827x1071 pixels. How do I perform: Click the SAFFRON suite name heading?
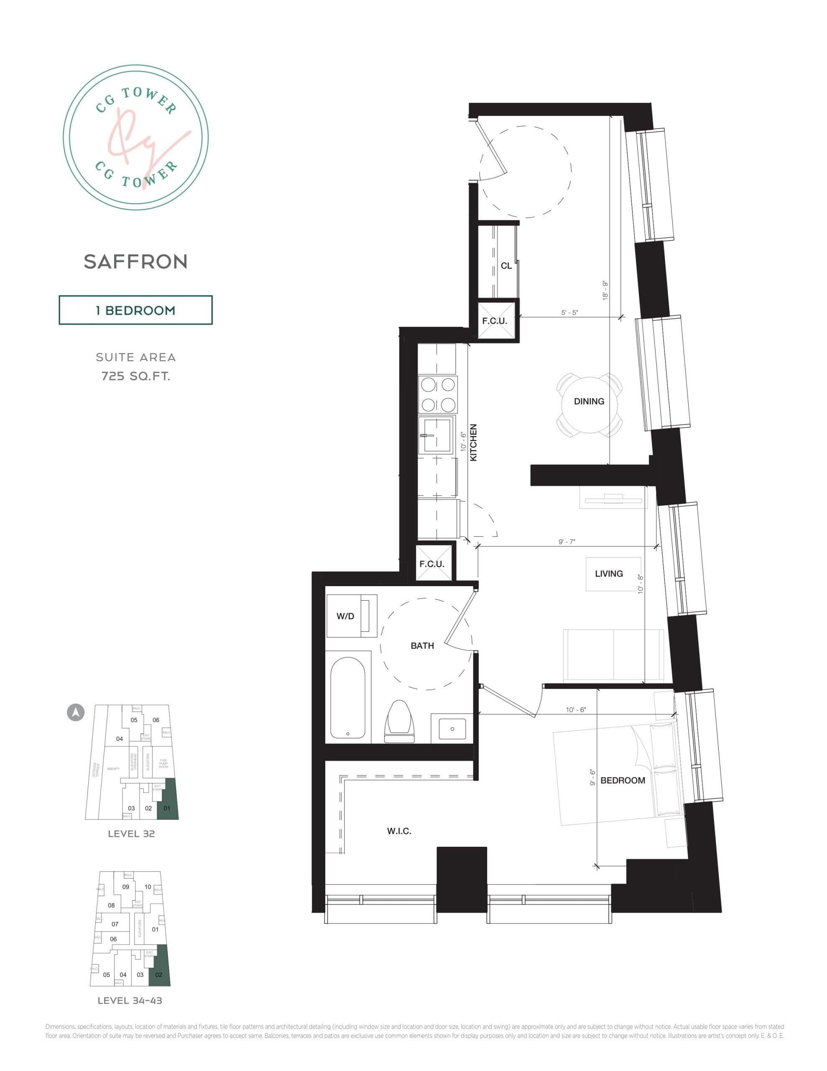135,262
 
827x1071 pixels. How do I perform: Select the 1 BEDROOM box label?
135,310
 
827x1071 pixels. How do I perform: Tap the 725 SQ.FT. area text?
136,376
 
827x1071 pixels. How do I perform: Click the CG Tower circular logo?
136,138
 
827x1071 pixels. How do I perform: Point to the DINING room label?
589,401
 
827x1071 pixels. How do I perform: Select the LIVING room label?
609,574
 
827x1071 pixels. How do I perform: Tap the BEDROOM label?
623,780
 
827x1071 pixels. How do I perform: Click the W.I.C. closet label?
399,831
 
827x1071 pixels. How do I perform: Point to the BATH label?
422,646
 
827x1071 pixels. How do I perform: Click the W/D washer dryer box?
351,616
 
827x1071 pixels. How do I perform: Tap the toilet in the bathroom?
400,721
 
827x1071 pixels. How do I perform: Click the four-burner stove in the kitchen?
438,395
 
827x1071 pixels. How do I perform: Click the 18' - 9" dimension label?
605,290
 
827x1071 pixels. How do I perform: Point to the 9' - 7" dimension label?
567,542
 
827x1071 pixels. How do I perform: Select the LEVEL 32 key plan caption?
131,834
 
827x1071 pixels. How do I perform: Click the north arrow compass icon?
76,712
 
